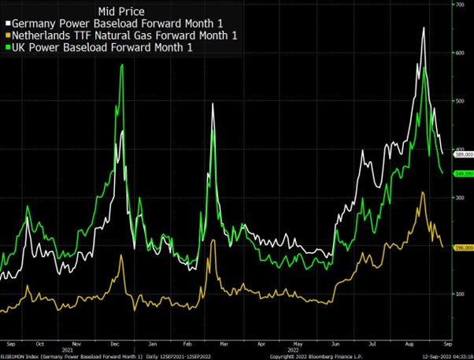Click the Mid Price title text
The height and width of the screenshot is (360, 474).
point(120,11)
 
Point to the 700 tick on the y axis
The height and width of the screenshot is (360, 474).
point(460,5)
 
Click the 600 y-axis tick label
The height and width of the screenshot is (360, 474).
point(460,53)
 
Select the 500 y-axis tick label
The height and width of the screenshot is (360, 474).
point(460,101)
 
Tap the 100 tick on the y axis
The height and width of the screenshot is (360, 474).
point(460,293)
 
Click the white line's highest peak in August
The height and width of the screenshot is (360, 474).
point(424,28)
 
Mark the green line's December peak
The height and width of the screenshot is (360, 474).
point(122,65)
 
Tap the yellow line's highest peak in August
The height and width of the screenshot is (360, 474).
point(423,192)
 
